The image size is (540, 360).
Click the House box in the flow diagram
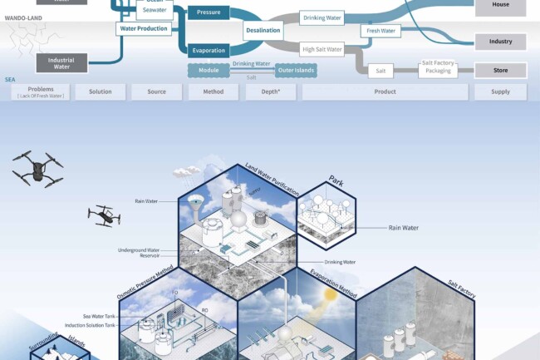(500, 6)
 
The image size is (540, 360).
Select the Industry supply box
(500, 41)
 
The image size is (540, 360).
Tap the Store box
(500, 71)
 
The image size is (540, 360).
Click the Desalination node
(263, 31)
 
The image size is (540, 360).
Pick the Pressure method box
(208, 13)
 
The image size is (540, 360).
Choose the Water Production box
(144, 28)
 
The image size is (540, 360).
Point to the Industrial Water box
(61, 62)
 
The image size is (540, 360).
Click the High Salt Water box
(322, 49)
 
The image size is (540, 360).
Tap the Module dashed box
(209, 71)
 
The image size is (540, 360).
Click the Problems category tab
(41, 91)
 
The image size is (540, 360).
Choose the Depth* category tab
(270, 91)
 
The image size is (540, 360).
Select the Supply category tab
(500, 91)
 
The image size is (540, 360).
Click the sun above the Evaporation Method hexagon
(330, 294)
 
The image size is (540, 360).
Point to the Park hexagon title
(336, 180)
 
